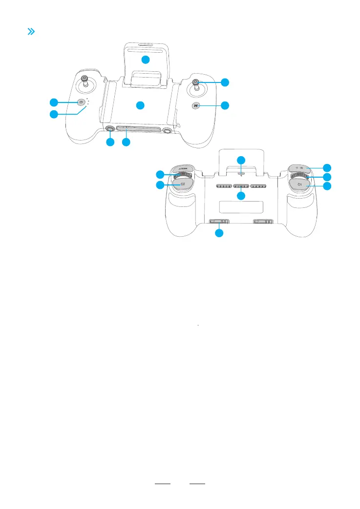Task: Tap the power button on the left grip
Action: [81, 102]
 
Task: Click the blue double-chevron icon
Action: [31, 32]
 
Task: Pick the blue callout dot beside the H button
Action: [225, 105]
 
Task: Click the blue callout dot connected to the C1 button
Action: [327, 186]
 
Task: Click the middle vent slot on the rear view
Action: [241, 186]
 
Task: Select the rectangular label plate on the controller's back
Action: [241, 206]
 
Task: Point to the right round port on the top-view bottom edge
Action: [168, 130]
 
